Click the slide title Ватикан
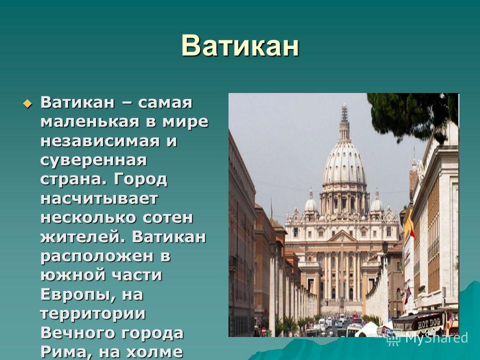click(240, 46)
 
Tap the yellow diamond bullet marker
click(27, 103)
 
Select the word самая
click(165, 102)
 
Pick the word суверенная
click(93, 160)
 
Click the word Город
click(140, 179)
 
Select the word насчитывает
click(99, 198)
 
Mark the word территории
click(93, 314)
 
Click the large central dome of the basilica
click(344, 162)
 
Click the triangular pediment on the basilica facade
click(342, 236)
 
